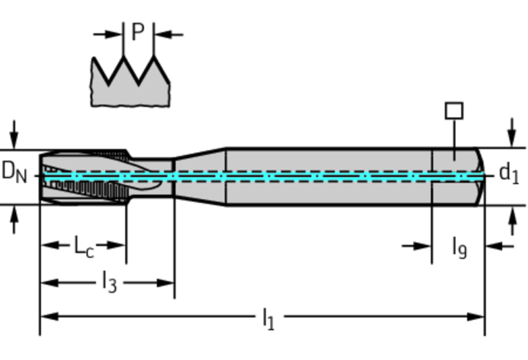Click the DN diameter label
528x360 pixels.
click(14, 171)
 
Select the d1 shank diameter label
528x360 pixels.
click(509, 173)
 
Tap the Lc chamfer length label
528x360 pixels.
click(84, 245)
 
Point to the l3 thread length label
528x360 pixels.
click(109, 282)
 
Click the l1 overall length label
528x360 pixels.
click(268, 317)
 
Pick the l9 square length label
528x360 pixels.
click(459, 246)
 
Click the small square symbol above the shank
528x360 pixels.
click(454, 111)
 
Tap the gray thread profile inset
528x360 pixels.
click(131, 89)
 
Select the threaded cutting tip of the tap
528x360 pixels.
click(83, 176)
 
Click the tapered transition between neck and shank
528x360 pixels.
click(199, 176)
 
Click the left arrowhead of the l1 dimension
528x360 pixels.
click(47, 317)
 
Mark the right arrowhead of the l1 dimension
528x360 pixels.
click(478, 317)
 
